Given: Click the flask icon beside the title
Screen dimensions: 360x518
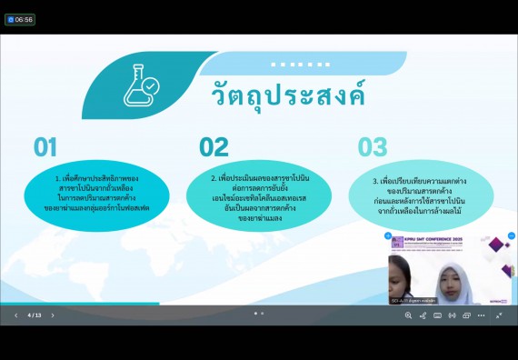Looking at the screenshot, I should tap(141, 87).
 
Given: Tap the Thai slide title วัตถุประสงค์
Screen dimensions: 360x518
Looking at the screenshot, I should tap(287, 94).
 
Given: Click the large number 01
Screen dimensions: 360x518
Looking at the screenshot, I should tap(45, 146).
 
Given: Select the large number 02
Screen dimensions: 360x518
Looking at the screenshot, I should tap(214, 146).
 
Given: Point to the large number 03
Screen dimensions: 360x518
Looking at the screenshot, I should tap(372, 146).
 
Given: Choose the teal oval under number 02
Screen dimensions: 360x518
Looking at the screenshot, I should tap(258, 195).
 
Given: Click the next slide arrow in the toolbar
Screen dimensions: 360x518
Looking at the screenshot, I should tap(53, 315).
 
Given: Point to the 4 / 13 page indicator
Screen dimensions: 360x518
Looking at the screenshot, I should tap(35, 315).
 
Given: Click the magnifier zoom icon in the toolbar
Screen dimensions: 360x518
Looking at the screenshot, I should tap(408, 315).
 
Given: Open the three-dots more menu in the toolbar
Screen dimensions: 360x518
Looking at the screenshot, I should tap(481, 315).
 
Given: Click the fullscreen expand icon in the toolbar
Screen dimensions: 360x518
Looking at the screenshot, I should tap(499, 315).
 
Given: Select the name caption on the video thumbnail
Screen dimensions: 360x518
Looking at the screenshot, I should tap(413, 299).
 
